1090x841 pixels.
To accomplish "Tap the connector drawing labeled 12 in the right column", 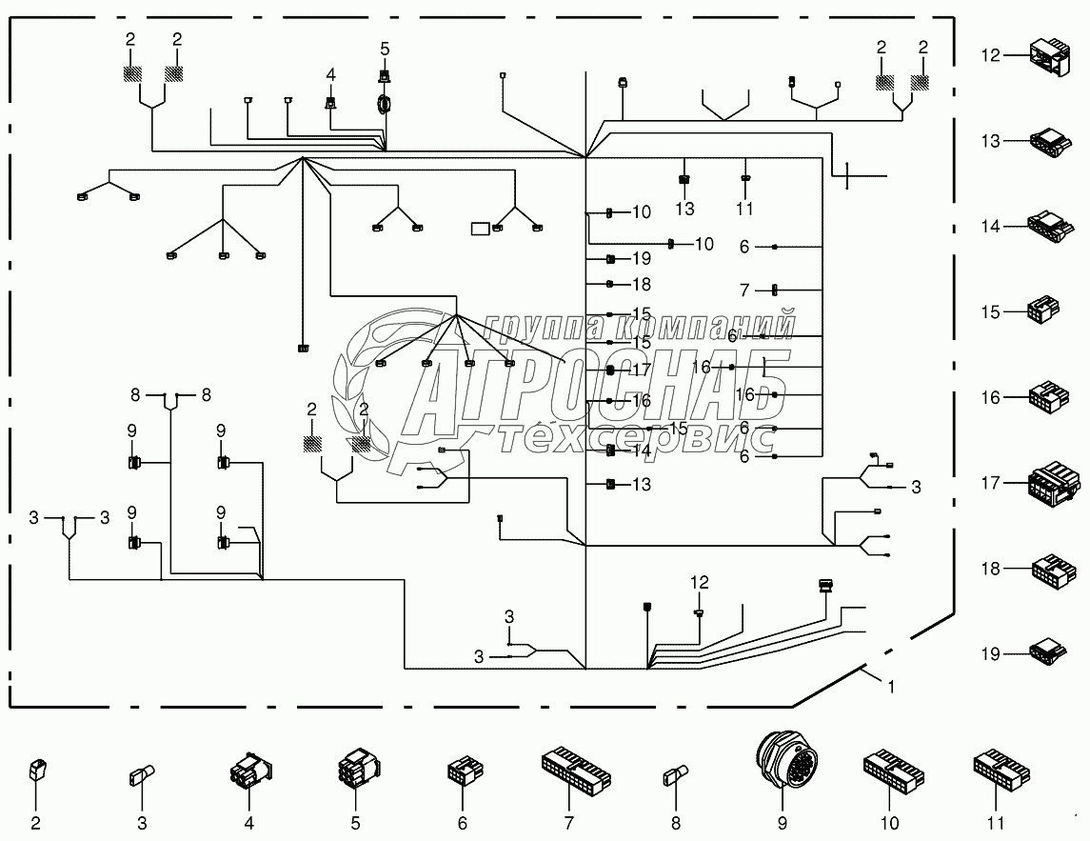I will tap(1051, 55).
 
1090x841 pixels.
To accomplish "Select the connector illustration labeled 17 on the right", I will tap(1053, 482).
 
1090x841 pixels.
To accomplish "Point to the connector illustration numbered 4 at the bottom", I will tap(249, 770).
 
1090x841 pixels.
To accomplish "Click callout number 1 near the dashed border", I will tap(892, 686).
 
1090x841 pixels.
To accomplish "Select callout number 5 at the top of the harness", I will tap(385, 48).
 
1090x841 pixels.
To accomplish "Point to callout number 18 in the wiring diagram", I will tap(641, 284).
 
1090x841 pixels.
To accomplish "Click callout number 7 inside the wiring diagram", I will tap(746, 289).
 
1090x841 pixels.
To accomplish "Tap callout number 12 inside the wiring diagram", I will tap(700, 581).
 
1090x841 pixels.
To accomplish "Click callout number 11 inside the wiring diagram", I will tap(745, 208).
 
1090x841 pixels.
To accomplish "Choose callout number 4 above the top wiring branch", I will tap(330, 73).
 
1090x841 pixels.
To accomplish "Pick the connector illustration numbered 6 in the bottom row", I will tap(463, 770).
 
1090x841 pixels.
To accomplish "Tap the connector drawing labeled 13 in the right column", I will tap(1051, 141).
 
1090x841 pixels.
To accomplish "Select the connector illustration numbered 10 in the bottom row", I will tap(890, 770).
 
